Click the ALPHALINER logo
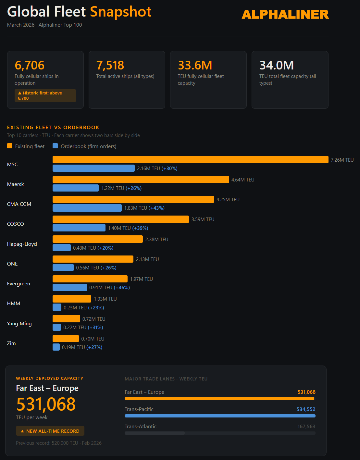[285, 14]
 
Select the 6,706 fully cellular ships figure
[30, 65]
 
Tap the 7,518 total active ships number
[110, 65]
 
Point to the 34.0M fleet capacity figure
[277, 65]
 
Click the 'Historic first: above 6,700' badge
[45, 95]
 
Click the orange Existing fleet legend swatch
[10, 146]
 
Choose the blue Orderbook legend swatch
[55, 146]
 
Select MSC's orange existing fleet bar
[190, 159]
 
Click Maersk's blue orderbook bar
[76, 188]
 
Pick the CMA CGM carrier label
[19, 204]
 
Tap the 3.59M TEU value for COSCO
[203, 219]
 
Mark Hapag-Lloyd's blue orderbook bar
[62, 248]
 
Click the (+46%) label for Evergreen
[122, 288]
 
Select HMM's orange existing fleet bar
[72, 299]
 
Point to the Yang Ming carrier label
[19, 324]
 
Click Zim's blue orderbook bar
[56, 347]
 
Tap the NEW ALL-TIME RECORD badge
[50, 431]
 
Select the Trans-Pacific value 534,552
[306, 409]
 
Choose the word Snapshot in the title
[120, 12]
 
